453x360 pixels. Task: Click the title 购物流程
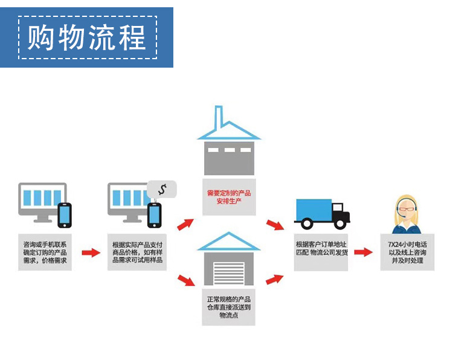click(87, 37)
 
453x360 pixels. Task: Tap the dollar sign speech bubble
click(162, 189)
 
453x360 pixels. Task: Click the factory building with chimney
click(229, 145)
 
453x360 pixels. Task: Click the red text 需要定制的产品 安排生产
click(229, 197)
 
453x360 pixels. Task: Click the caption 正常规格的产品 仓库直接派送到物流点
click(229, 307)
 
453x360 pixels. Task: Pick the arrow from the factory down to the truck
click(275, 225)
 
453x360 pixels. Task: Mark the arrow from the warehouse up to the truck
click(275, 279)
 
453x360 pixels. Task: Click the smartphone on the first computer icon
click(65, 214)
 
